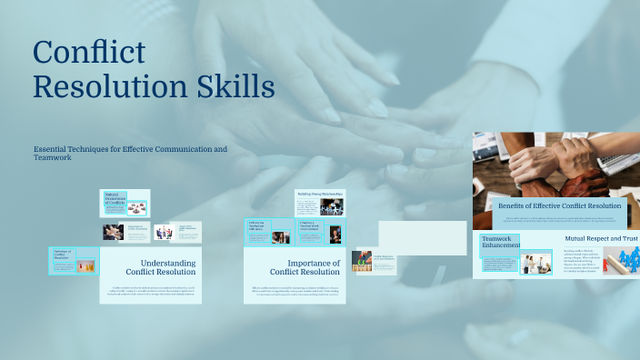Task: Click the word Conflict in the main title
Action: coord(88,53)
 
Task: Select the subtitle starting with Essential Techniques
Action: coord(130,153)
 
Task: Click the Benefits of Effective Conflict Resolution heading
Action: coord(560,206)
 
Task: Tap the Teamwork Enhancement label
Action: coord(501,242)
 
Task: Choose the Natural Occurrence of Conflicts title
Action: coord(114,198)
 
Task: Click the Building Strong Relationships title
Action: coord(320,194)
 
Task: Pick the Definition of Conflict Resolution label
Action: coord(62,255)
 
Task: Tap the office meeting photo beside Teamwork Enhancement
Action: coord(534,264)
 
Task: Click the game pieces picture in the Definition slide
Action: coord(86,265)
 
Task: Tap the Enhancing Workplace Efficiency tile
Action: coord(256,225)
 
